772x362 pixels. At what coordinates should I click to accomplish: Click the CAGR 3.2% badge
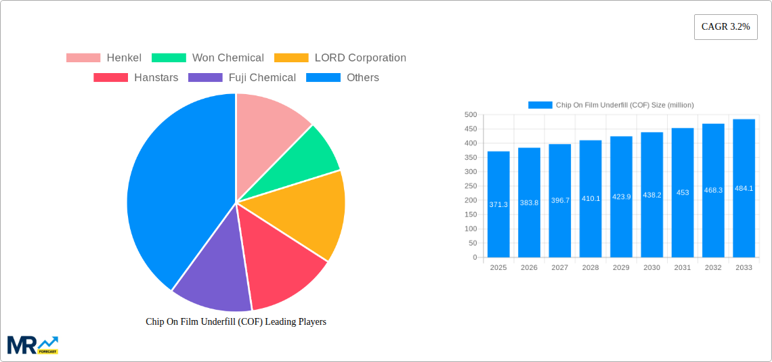(725, 27)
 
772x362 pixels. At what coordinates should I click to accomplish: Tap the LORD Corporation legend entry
(340, 58)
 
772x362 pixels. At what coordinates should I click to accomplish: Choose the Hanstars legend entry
(135, 77)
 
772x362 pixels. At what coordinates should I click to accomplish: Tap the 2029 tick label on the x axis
(621, 268)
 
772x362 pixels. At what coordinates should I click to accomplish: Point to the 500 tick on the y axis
(470, 115)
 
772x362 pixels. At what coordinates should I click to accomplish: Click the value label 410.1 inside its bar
(591, 198)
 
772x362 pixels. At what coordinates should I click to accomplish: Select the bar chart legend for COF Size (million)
(611, 105)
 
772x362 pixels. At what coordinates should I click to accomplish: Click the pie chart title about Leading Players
(236, 321)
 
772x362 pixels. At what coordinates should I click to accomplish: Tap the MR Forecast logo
(33, 344)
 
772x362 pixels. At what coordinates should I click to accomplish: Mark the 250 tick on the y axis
(470, 186)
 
